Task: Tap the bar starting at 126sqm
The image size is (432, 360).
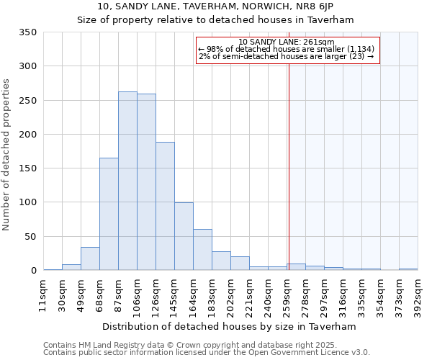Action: pyautogui.click(x=165, y=206)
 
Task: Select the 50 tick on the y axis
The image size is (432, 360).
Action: pyautogui.click(x=30, y=236)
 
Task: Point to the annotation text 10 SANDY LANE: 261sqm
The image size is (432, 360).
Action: pyautogui.click(x=286, y=42)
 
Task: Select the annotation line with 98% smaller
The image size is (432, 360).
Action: pyautogui.click(x=286, y=49)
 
